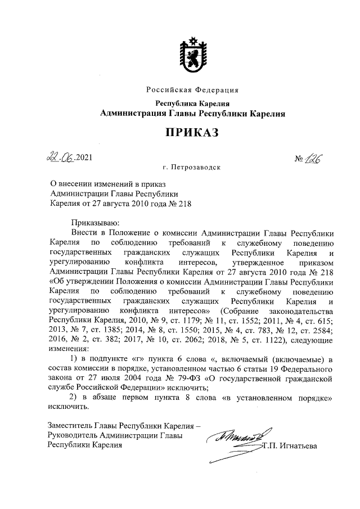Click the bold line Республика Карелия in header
[x=192, y=103]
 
